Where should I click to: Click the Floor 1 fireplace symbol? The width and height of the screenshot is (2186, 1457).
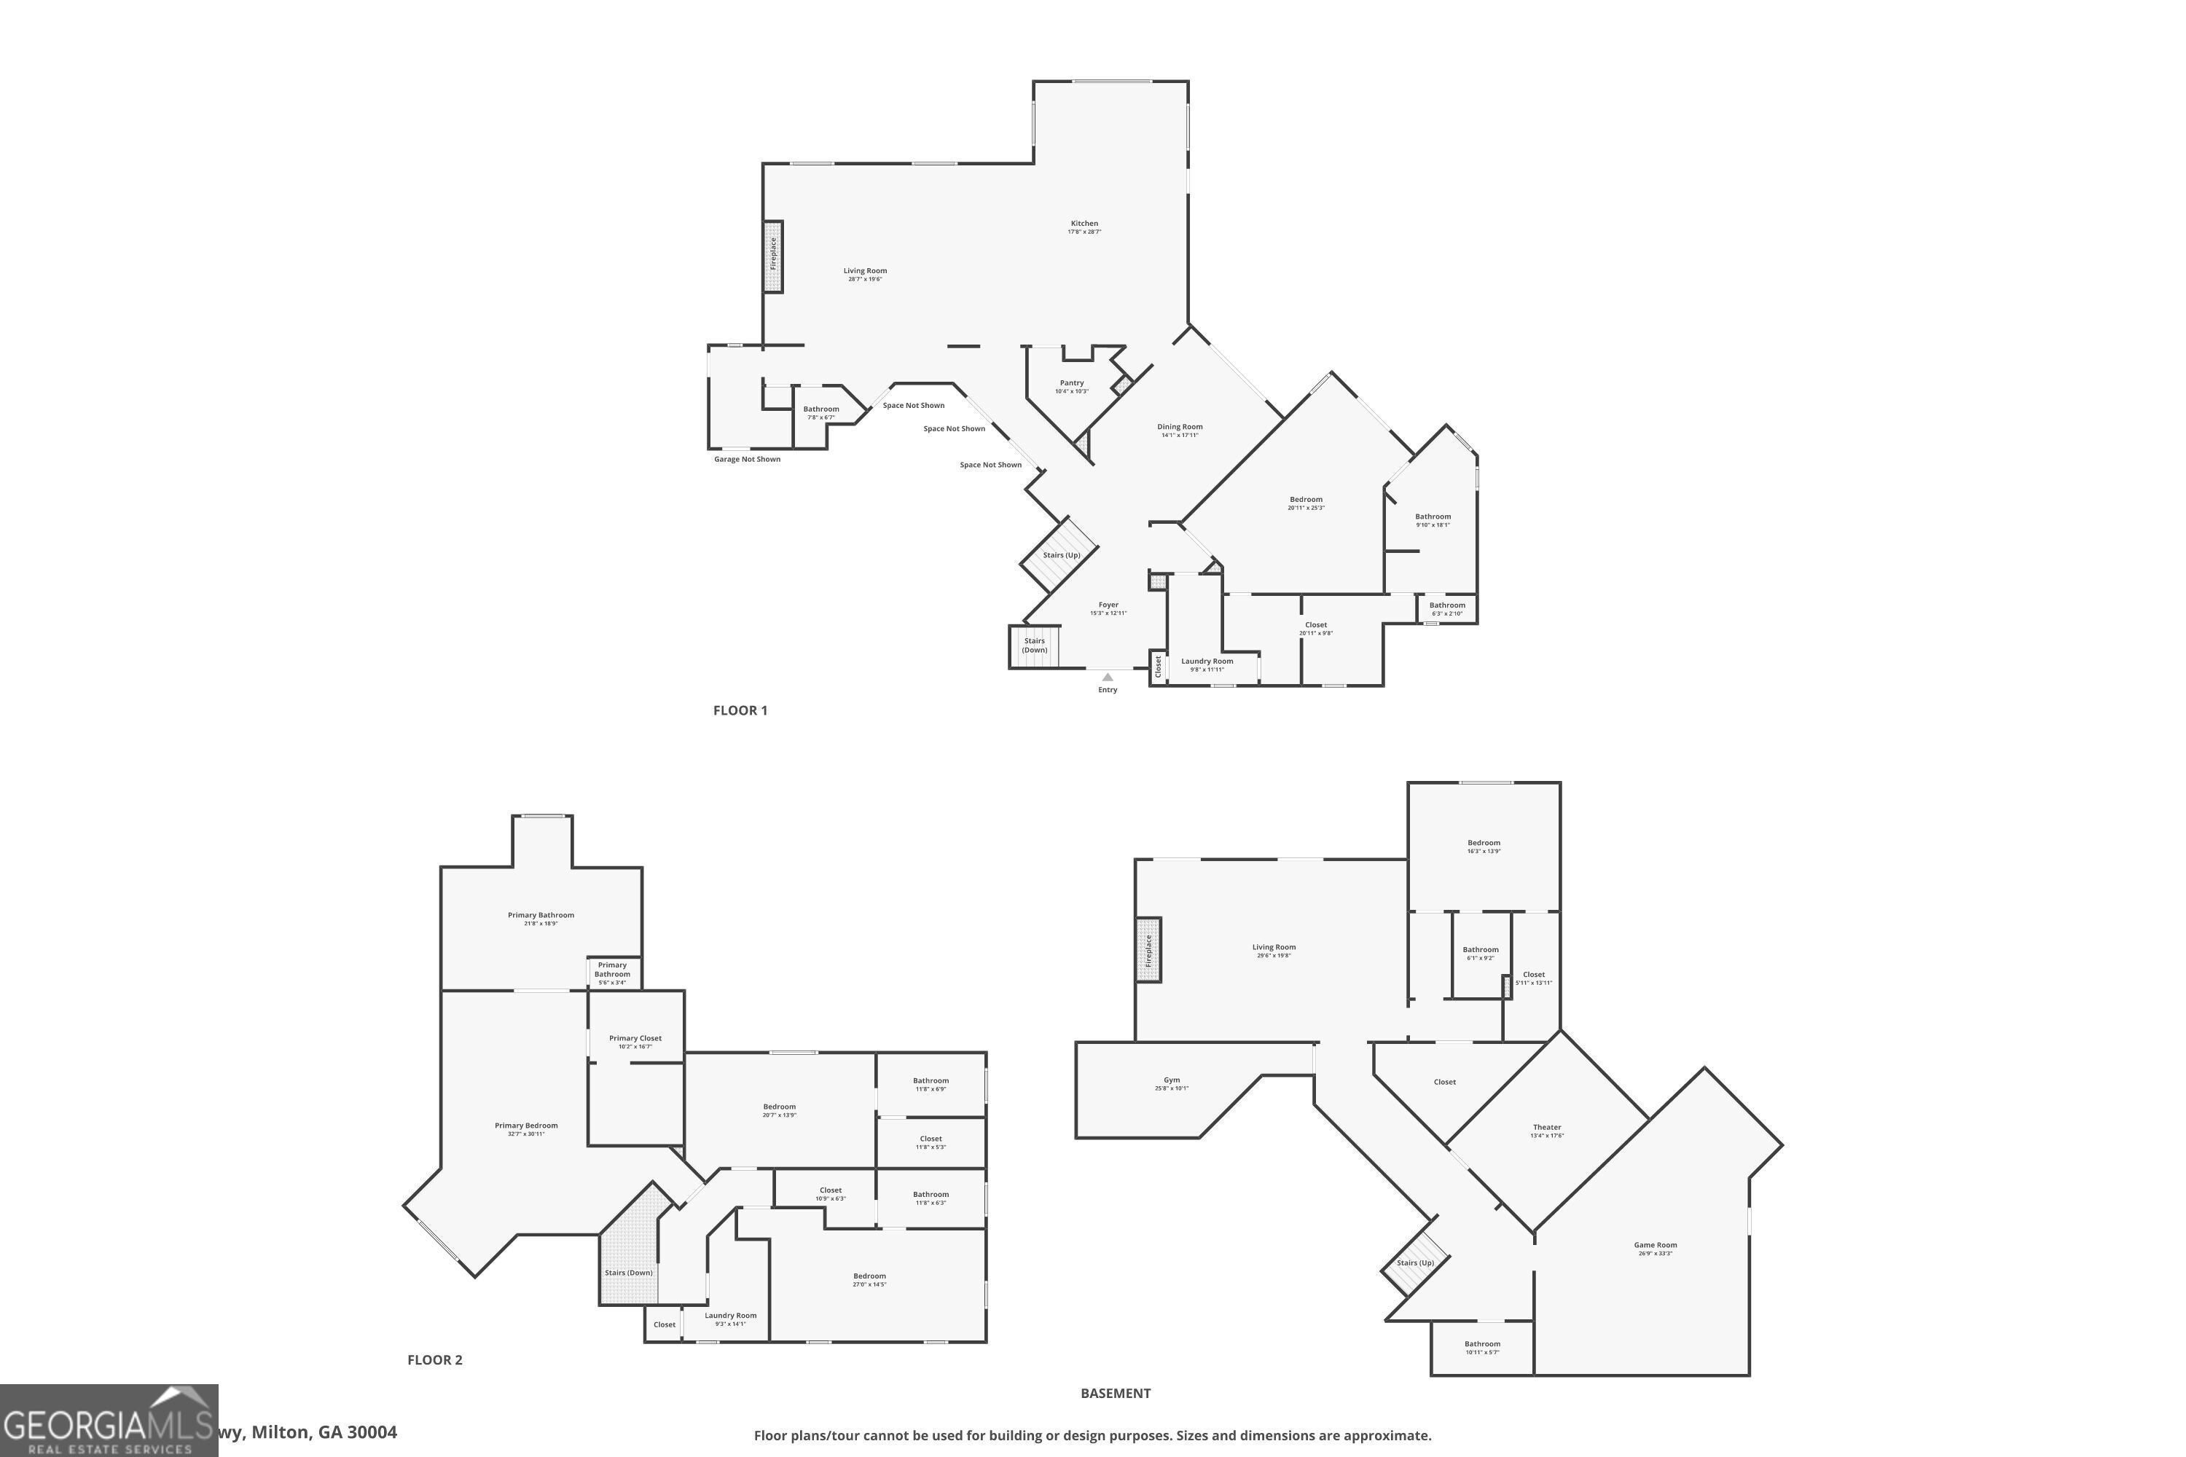(773, 256)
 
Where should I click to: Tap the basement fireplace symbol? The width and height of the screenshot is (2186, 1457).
(1149, 950)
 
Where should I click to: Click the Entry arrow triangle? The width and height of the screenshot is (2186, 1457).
(1107, 678)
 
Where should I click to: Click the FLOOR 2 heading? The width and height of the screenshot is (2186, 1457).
(434, 1359)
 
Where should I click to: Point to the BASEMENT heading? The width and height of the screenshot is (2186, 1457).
(1116, 1393)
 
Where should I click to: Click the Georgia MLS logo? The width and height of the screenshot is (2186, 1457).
(109, 1420)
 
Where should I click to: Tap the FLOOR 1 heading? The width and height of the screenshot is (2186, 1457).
(740, 710)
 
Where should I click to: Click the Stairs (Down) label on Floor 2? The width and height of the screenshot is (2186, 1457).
(628, 1273)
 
